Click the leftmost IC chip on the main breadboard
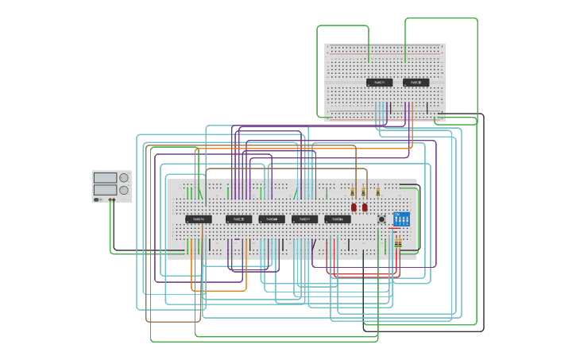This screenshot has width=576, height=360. tap(199, 219)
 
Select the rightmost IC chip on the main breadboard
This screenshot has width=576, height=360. tap(338, 219)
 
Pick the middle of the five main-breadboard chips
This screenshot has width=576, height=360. tap(272, 219)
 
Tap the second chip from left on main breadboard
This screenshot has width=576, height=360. tap(238, 219)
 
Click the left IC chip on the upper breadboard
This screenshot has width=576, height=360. tap(379, 83)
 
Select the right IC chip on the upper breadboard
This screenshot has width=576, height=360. tap(416, 83)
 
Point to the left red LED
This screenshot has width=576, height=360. tap(354, 207)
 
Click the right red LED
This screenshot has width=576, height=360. tap(365, 207)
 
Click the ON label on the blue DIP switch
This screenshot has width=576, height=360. tap(396, 213)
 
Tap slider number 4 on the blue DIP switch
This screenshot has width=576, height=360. tap(407, 219)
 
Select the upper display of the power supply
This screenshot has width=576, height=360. tap(105, 178)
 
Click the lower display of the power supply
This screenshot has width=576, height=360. tap(105, 190)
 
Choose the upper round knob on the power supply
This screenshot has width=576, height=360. tap(124, 178)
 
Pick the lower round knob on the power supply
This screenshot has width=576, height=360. tap(124, 190)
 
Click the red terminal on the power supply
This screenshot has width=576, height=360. tap(110, 199)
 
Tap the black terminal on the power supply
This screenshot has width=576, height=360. tap(115, 199)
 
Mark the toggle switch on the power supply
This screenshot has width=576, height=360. tap(97, 199)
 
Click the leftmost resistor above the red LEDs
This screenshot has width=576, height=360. tap(353, 192)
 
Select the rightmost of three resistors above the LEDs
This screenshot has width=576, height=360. tap(378, 192)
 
